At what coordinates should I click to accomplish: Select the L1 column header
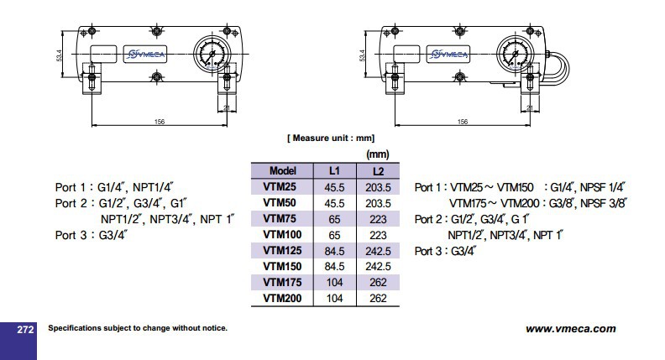pos(333,171)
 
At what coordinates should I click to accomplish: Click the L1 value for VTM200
pos(333,296)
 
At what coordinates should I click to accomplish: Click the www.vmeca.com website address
pos(570,329)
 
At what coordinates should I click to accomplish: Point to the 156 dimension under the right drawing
pos(462,123)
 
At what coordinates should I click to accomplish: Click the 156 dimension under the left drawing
pos(160,123)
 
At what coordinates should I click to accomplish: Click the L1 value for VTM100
pos(333,234)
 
